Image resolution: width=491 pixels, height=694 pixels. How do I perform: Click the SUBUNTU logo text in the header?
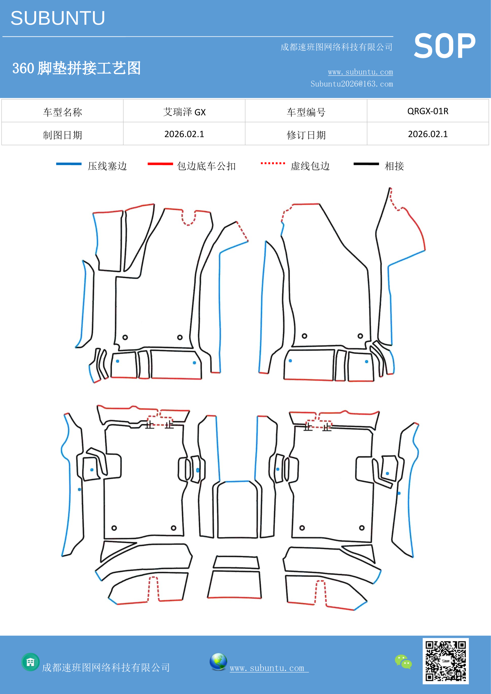[58, 18]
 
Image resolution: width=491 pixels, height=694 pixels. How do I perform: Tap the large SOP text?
[444, 46]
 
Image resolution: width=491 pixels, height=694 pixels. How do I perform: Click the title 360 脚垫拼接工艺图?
[76, 68]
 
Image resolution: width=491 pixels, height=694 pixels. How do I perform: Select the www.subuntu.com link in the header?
[360, 72]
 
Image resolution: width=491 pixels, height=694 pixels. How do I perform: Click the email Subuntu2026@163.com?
[352, 84]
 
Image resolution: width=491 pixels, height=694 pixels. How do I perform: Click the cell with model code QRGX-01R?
[428, 111]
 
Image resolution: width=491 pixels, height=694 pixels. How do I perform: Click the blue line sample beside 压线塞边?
[69, 164]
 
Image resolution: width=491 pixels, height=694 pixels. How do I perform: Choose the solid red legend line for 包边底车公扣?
[160, 164]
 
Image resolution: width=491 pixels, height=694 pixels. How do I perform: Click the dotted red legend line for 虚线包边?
[273, 163]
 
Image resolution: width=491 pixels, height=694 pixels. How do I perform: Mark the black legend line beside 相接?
[366, 164]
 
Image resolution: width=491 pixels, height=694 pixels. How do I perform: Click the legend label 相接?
[394, 166]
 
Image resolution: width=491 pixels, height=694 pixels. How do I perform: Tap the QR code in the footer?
[446, 661]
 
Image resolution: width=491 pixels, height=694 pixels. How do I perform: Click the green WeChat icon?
[403, 662]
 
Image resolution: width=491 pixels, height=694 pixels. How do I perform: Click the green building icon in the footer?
[31, 662]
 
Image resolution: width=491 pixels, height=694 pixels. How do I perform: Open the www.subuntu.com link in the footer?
[269, 668]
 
